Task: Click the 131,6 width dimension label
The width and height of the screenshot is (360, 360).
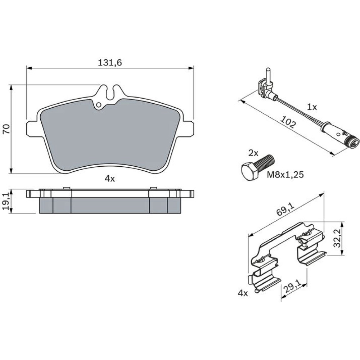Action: coord(110,62)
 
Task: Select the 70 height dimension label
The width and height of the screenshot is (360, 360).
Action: coord(6,129)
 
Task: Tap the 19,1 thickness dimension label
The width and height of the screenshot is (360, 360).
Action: coord(6,201)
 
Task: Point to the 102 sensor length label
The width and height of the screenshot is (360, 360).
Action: coord(288,123)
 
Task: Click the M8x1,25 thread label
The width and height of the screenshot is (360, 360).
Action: coord(285,175)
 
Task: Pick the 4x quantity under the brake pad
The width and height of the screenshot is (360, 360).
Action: coord(109,179)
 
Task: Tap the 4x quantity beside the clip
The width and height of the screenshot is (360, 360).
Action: coord(243,293)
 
